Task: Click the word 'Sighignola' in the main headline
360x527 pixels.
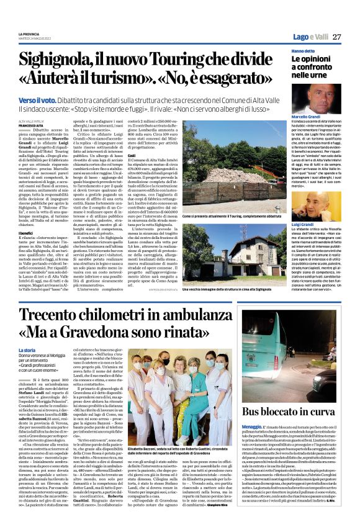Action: click(68, 60)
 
